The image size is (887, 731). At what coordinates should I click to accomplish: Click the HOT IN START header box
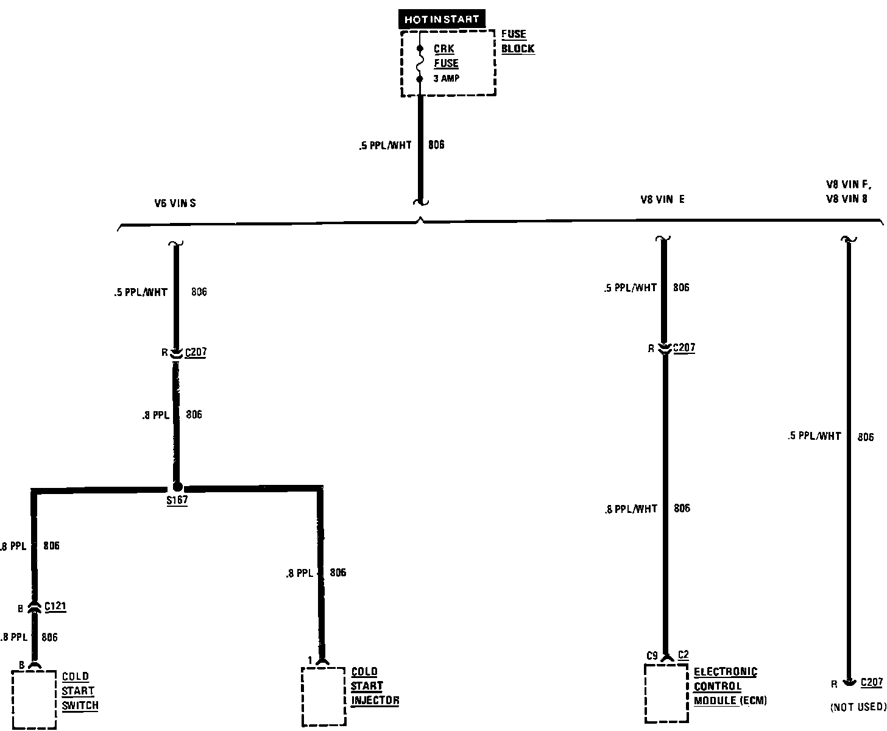point(442,19)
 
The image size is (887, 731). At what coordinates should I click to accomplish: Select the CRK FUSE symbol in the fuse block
point(420,63)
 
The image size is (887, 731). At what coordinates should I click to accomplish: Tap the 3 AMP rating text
point(447,79)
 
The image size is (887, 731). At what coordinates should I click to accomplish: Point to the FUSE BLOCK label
point(518,41)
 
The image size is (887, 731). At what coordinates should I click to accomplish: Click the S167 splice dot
point(177,487)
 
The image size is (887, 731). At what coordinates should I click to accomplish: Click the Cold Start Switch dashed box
point(34,699)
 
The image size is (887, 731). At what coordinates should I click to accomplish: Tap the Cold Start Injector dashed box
point(323,696)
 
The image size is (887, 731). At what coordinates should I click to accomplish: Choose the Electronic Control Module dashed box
point(667,693)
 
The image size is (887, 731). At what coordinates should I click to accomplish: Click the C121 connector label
point(55,607)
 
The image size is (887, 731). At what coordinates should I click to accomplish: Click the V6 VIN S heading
point(175,203)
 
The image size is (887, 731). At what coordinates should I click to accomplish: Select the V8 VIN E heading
point(662,199)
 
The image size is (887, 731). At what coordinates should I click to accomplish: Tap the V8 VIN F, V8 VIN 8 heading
point(848,191)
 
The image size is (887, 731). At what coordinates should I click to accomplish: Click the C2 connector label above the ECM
point(683,655)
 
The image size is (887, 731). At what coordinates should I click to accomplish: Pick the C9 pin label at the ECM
point(652,655)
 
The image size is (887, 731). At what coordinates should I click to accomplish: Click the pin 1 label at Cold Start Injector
point(310,660)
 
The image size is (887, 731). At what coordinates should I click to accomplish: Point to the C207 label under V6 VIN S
point(196,352)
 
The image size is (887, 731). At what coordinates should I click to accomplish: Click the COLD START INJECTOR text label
point(375,686)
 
